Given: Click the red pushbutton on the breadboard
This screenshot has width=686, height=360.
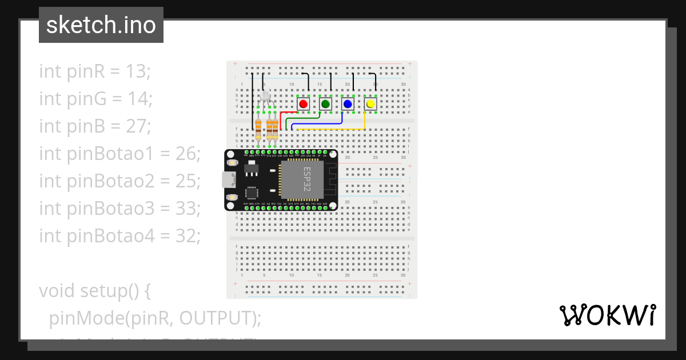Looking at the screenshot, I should point(304,104).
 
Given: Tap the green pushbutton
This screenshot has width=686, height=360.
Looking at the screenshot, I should point(326,104).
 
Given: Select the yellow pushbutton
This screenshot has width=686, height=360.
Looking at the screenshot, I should point(370,104).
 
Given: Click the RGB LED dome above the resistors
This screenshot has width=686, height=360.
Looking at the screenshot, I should point(265,95).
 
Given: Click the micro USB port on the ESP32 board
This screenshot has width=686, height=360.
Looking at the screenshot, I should point(228,179).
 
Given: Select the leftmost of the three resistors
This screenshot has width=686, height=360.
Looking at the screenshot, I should point(258,130).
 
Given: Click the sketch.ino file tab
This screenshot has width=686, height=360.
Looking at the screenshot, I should point(101,25).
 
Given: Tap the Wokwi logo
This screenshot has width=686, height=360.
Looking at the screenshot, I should point(607,315).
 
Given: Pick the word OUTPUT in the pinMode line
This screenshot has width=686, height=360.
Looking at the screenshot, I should point(216,318).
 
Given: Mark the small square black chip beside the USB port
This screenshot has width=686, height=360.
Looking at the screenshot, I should point(252,192).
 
